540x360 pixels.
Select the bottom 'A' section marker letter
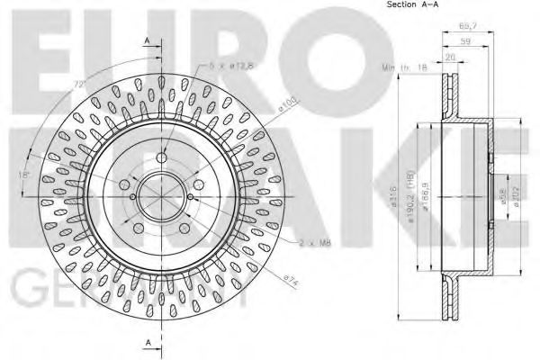[146, 343]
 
